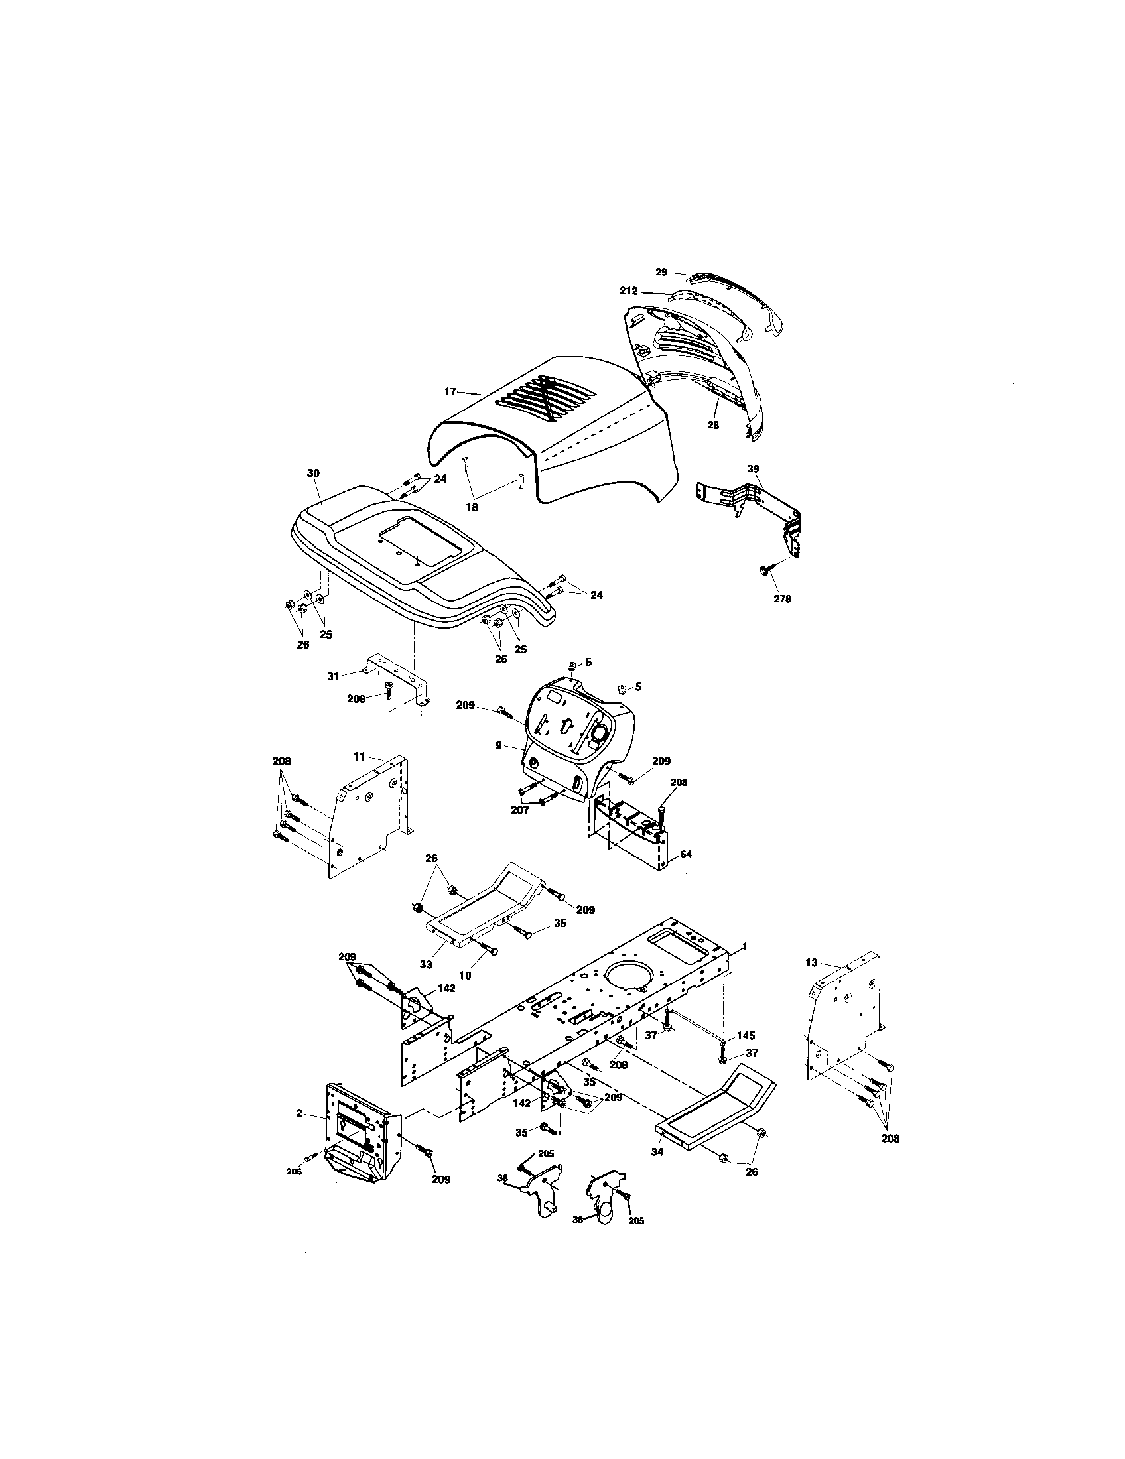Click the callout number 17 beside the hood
click(450, 391)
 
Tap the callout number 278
click(781, 599)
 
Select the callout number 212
click(629, 291)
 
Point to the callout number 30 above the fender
click(313, 473)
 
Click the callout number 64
click(685, 854)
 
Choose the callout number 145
click(746, 1035)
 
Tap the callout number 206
click(294, 1171)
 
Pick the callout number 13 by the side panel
click(811, 963)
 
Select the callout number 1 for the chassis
click(745, 946)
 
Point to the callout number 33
click(426, 964)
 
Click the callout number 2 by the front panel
click(299, 1113)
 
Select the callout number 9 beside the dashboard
click(498, 745)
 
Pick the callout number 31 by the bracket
click(334, 676)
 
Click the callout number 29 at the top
click(661, 272)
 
